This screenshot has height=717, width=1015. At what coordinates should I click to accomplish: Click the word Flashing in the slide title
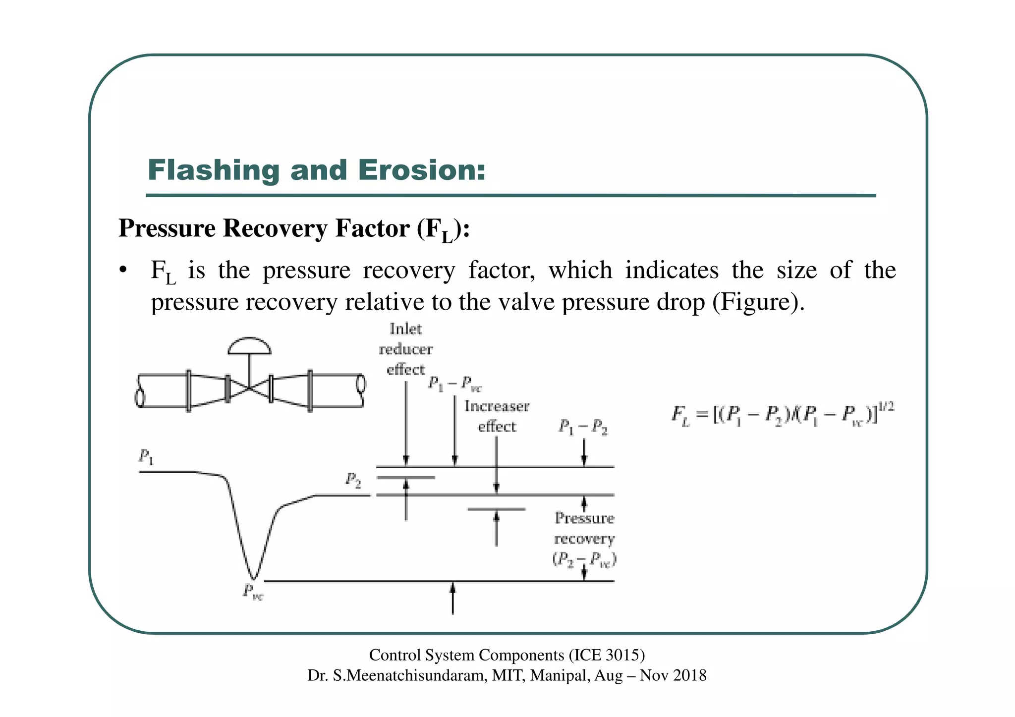[x=214, y=170]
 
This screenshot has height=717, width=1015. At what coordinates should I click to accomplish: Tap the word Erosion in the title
[x=421, y=170]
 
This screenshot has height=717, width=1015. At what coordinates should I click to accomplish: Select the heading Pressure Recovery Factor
[x=293, y=229]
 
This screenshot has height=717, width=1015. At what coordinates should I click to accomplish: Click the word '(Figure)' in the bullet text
[x=758, y=302]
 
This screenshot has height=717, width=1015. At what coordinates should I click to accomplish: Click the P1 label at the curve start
[x=146, y=456]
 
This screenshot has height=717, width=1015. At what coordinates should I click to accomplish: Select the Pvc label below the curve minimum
[x=253, y=591]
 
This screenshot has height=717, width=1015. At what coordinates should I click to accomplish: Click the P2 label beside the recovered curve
[x=353, y=480]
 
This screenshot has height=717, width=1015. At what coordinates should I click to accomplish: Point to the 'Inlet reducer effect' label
[x=406, y=349]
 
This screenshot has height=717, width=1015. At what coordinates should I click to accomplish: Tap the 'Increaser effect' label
[x=497, y=416]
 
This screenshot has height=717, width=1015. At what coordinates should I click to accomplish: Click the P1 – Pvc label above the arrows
[x=454, y=384]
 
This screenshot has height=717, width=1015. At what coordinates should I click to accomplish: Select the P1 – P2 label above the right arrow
[x=583, y=427]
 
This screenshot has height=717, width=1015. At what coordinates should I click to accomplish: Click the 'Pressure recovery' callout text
[x=584, y=529]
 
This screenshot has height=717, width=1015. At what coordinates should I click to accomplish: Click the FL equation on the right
[x=783, y=414]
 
